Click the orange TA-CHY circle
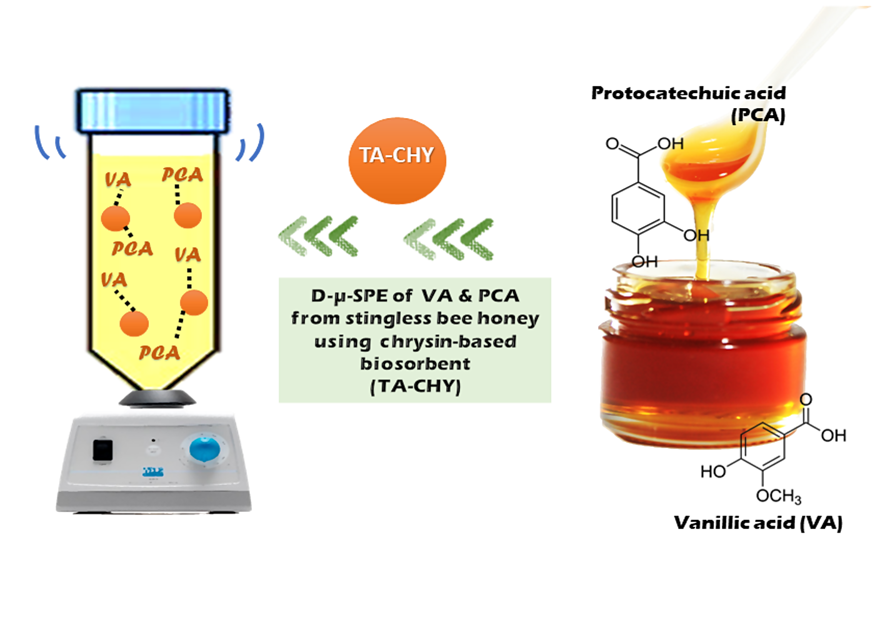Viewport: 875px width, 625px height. tap(397, 161)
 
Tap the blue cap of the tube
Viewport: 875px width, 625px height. tap(152, 111)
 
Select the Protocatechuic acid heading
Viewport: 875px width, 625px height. tap(687, 93)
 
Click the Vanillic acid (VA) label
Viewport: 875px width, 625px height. tap(757, 522)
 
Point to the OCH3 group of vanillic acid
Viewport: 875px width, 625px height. tap(778, 496)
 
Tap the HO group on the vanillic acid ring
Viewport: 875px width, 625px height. tap(712, 471)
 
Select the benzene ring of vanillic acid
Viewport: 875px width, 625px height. tap(762, 446)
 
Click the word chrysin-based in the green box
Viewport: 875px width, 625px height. tap(448, 342)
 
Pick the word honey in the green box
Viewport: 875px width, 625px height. tap(507, 319)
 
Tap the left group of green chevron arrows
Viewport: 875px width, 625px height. tap(319, 236)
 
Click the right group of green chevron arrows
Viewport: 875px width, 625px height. tap(449, 238)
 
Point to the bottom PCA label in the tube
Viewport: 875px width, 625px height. tap(159, 353)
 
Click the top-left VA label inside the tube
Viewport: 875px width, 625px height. tap(117, 180)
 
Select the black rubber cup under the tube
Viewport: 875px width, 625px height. tap(157, 398)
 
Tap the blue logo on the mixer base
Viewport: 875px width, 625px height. tap(153, 472)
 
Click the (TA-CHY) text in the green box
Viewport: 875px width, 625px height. tap(415, 386)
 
